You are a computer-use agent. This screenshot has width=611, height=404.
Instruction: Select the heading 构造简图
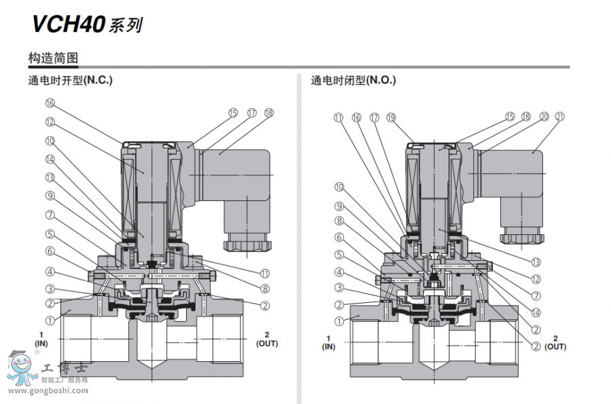click(53, 58)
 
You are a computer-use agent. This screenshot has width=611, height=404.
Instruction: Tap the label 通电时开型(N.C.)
click(70, 80)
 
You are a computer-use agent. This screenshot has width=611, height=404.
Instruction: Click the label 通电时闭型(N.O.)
click(353, 80)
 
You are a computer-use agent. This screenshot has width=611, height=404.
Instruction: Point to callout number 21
click(559, 117)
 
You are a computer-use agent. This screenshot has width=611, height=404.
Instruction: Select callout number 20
click(544, 117)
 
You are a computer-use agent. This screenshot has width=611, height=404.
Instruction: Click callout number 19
click(390, 117)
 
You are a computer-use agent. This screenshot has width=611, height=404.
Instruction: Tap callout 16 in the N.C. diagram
click(50, 103)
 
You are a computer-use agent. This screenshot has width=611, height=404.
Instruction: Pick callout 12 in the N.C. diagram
click(50, 122)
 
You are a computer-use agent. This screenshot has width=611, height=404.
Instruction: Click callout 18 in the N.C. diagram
click(269, 113)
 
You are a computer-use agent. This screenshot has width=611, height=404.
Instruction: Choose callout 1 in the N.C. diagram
click(50, 320)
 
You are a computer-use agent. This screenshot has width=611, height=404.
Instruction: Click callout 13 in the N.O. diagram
click(536, 261)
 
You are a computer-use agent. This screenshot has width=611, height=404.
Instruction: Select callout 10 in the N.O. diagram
click(339, 187)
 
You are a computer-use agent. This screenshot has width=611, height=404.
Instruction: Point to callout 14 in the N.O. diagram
click(536, 312)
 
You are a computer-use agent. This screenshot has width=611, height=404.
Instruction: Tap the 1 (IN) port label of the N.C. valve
click(42, 339)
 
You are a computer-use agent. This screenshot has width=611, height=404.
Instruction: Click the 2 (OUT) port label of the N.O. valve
click(555, 342)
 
